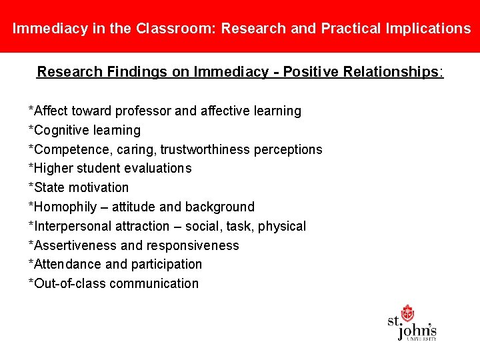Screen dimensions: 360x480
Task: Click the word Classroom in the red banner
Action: pos(175,29)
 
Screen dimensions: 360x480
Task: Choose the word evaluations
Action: pos(157,168)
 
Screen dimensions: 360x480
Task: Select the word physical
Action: pos(282,226)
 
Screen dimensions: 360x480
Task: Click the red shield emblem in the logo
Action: pos(407,313)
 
